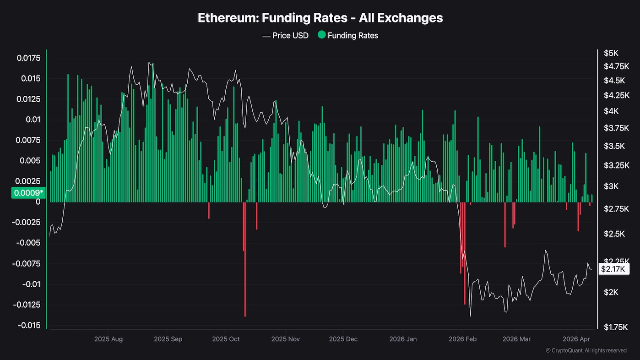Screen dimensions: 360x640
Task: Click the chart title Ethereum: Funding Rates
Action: pos(320,18)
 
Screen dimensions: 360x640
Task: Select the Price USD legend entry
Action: pos(286,35)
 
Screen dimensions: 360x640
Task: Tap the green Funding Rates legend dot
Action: pos(321,35)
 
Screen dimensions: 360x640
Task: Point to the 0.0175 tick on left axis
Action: pos(29,58)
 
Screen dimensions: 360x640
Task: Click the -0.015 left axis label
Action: pos(28,325)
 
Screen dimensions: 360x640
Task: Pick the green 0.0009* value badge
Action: pos(28,193)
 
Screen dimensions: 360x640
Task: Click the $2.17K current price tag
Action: pos(613,269)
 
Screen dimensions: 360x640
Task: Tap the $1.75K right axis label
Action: pos(613,327)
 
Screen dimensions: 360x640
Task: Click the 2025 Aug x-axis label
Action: pos(108,339)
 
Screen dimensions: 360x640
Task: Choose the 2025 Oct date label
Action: pos(226,339)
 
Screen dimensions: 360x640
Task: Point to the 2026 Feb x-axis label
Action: pos(462,339)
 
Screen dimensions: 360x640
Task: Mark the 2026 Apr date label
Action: pos(575,339)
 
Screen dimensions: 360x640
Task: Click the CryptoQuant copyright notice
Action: pos(586,350)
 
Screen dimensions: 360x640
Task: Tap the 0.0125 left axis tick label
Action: pos(29,99)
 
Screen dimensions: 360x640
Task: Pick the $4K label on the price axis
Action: pos(611,111)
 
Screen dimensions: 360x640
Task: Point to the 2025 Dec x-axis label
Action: pos(343,339)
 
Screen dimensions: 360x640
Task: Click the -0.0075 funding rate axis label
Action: pos(28,264)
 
